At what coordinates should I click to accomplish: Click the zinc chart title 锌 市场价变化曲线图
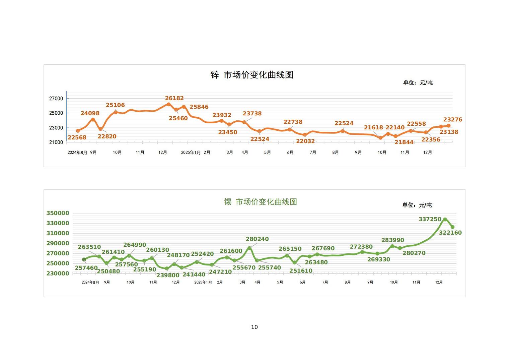pyautogui.click(x=252, y=75)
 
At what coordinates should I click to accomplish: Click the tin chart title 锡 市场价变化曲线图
pyautogui.click(x=261, y=202)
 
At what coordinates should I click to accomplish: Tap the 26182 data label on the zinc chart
pyautogui.click(x=174, y=98)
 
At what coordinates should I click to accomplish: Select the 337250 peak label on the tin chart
pyautogui.click(x=430, y=219)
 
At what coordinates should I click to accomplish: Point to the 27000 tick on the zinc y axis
pyautogui.click(x=56, y=99)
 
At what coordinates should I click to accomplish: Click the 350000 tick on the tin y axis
pyautogui.click(x=58, y=213)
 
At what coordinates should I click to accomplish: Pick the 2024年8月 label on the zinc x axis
pyautogui.click(x=77, y=153)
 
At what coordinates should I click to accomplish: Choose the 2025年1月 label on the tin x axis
pyautogui.click(x=203, y=283)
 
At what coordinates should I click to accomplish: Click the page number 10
pyautogui.click(x=254, y=327)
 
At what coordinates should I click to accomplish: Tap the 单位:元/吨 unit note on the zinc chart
pyautogui.click(x=418, y=82)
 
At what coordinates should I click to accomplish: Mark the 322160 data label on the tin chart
pyautogui.click(x=450, y=233)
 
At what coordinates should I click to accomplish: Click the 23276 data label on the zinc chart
pyautogui.click(x=453, y=120)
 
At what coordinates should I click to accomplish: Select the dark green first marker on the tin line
pyautogui.click(x=84, y=259)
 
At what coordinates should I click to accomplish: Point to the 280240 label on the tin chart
pyautogui.click(x=257, y=239)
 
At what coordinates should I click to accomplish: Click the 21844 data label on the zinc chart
pyautogui.click(x=404, y=142)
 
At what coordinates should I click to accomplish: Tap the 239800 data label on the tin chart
pyautogui.click(x=168, y=275)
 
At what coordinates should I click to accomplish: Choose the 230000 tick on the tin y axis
pyautogui.click(x=58, y=274)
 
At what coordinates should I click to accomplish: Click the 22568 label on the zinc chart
pyautogui.click(x=77, y=137)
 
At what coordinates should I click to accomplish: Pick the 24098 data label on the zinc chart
pyautogui.click(x=90, y=113)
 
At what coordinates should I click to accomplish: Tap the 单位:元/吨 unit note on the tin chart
pyautogui.click(x=417, y=205)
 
